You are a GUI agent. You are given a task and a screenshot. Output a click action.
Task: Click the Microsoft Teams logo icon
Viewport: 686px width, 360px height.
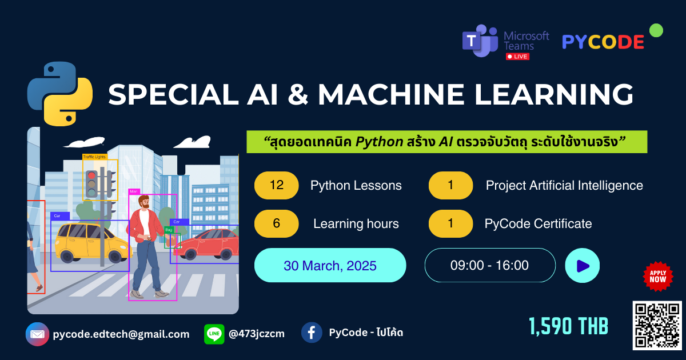tap(480, 41)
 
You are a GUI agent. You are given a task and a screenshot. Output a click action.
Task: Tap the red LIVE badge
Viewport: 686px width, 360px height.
tap(517, 57)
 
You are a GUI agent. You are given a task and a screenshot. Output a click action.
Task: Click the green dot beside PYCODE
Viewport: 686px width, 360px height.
tap(656, 30)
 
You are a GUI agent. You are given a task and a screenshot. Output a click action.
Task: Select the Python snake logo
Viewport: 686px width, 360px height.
tap(60, 94)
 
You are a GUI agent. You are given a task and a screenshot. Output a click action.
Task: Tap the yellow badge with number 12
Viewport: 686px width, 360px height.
tap(276, 185)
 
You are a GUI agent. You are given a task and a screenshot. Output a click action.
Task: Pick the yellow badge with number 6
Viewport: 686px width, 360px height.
tap(276, 223)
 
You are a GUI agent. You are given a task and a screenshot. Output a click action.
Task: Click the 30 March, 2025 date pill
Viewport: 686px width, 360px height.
tap(330, 265)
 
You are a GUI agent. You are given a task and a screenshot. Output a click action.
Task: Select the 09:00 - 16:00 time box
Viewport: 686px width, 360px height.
tap(490, 265)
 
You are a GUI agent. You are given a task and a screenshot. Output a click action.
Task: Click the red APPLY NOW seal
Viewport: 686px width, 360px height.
tap(658, 277)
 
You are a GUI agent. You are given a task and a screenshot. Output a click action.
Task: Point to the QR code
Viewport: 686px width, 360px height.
tap(657, 325)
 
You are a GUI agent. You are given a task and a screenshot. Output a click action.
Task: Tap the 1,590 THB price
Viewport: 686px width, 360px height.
tap(568, 326)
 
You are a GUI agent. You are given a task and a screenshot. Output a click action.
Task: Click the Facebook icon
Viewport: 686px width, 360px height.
tap(312, 333)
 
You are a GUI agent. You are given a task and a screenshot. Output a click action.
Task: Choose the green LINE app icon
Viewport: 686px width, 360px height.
tap(214, 334)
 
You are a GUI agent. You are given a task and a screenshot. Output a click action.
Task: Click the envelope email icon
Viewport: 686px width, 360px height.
tap(37, 334)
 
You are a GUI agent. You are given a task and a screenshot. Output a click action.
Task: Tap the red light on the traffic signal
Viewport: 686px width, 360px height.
tap(91, 176)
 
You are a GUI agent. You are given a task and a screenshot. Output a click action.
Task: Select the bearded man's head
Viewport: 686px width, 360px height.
tap(143, 202)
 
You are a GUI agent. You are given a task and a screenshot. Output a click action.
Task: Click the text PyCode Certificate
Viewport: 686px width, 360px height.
tap(538, 224)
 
